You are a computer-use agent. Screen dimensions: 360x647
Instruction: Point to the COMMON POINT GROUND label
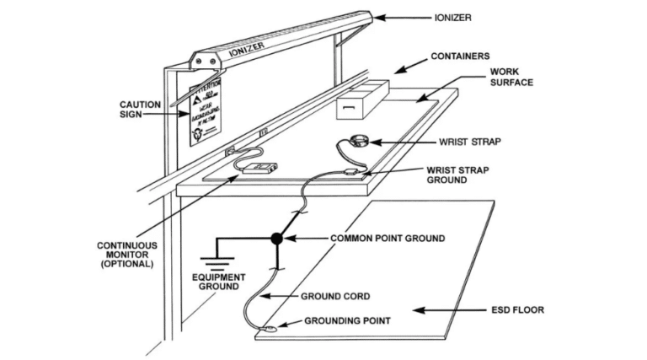point(387,239)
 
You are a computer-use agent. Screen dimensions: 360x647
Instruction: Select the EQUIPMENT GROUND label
point(217,282)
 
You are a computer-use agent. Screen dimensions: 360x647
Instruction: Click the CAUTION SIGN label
point(135,110)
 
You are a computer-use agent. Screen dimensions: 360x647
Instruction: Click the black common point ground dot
point(276,239)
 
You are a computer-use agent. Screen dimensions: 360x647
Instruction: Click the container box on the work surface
point(361,100)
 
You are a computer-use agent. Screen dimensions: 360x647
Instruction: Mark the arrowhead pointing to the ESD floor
point(425,310)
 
